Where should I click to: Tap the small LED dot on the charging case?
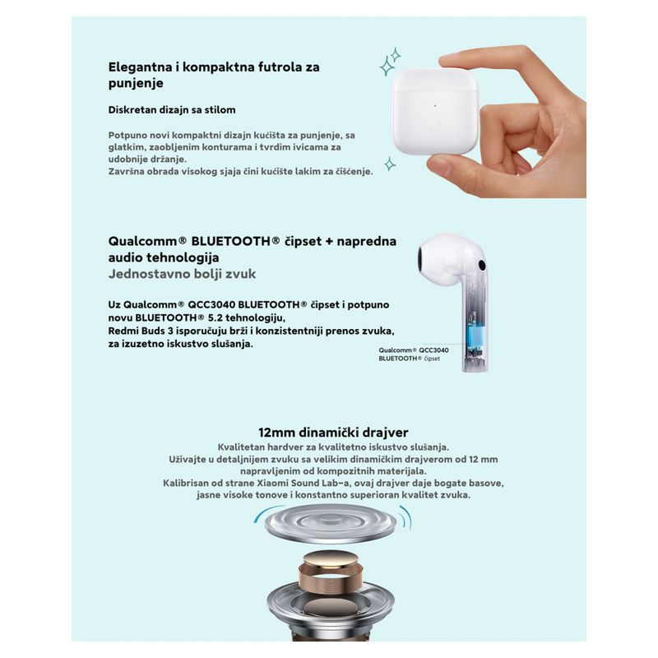click(x=435, y=106)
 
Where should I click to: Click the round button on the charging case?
click(x=435, y=125)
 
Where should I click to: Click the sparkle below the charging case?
click(x=390, y=164)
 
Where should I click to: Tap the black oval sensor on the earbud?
click(x=482, y=265)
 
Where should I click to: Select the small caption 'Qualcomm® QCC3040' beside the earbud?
click(x=414, y=350)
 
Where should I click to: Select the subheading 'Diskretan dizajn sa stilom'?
click(x=172, y=110)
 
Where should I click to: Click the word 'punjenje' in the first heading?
click(x=136, y=83)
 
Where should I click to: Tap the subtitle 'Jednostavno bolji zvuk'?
click(x=182, y=274)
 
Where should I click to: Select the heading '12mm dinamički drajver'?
click(x=333, y=433)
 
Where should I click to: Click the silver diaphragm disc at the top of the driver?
click(x=331, y=523)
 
